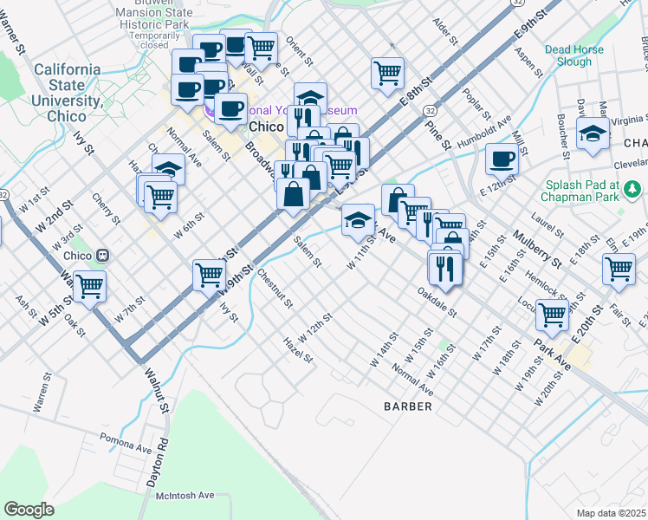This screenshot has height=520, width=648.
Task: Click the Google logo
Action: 29,510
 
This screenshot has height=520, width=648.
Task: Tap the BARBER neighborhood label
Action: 408,406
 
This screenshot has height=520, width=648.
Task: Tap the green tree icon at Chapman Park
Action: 633,187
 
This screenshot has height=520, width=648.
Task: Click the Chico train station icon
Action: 103,256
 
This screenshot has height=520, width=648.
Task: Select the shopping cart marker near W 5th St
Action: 90,285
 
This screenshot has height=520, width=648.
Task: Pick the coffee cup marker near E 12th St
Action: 502,159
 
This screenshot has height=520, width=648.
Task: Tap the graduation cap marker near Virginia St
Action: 593,134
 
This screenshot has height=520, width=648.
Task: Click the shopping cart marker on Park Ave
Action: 552,316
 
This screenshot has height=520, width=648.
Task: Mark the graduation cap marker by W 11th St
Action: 357,220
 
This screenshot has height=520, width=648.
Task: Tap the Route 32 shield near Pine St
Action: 430,111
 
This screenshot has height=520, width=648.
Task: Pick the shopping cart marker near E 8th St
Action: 387,72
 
